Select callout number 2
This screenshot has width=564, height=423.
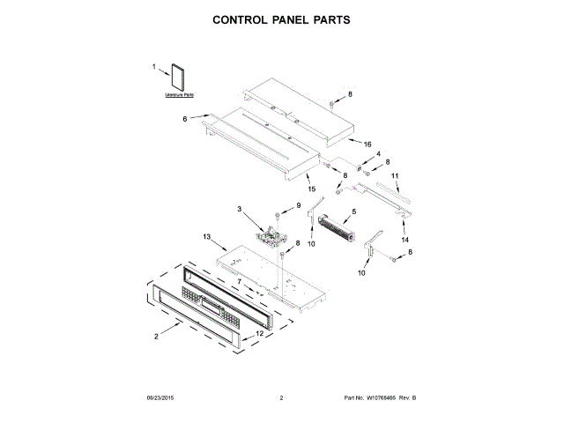pyautogui.click(x=157, y=336)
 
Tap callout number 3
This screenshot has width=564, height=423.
pyautogui.click(x=239, y=208)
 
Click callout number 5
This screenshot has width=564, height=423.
pyautogui.click(x=354, y=211)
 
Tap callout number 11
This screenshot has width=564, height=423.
pyautogui.click(x=395, y=176)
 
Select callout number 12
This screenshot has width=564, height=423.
pyautogui.click(x=260, y=334)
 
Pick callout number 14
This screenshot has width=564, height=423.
pyautogui.click(x=405, y=239)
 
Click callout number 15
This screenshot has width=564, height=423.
pyautogui.click(x=310, y=188)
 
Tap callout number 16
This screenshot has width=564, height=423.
pyautogui.click(x=368, y=144)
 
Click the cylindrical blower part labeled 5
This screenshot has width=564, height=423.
pyautogui.click(x=335, y=232)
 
